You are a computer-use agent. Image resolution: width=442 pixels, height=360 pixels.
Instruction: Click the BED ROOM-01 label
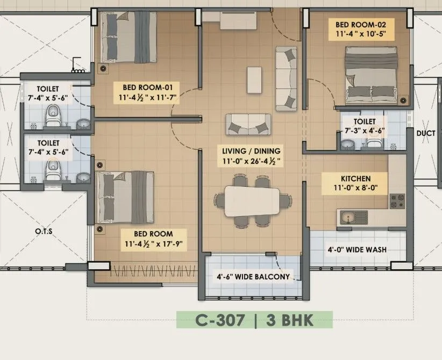click(147, 87)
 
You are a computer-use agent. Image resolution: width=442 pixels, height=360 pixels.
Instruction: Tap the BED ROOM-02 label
click(357, 24)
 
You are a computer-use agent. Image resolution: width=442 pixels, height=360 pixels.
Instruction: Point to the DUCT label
click(426, 133)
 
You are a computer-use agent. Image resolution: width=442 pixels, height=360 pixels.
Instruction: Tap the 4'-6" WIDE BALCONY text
click(253, 277)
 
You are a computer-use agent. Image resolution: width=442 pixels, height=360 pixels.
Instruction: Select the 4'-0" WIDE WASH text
click(357, 250)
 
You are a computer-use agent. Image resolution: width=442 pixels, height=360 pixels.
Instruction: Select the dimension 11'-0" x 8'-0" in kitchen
click(348, 188)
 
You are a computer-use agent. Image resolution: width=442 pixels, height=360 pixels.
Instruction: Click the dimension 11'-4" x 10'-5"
click(357, 34)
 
